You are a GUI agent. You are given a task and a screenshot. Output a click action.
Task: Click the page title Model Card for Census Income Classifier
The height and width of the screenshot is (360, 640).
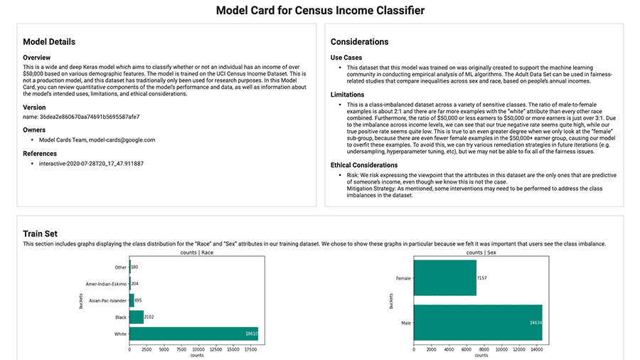(320, 11)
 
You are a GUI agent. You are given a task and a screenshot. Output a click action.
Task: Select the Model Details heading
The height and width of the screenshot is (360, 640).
(49, 42)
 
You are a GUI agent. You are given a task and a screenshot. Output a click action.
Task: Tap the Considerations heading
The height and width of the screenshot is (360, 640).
(359, 42)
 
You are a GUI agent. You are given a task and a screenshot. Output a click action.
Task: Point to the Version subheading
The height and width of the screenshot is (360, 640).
(35, 107)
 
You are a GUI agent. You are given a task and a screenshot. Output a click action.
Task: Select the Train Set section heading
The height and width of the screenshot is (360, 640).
(40, 233)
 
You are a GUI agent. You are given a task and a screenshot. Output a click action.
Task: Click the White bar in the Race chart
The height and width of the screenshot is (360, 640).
(193, 333)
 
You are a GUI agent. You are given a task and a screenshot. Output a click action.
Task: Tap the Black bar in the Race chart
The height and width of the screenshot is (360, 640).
(136, 317)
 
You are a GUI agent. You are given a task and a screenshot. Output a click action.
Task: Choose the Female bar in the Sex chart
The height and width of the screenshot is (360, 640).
(444, 277)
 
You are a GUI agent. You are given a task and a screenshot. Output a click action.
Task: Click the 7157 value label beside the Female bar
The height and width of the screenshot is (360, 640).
(482, 277)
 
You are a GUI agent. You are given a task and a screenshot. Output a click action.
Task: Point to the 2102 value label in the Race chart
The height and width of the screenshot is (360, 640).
(149, 317)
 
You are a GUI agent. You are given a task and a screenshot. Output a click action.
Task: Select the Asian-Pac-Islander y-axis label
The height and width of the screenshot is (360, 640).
(106, 300)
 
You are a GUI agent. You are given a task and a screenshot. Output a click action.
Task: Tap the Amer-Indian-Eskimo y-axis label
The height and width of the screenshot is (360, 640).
(106, 284)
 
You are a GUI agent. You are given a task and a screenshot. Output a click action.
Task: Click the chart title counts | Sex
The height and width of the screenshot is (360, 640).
(481, 253)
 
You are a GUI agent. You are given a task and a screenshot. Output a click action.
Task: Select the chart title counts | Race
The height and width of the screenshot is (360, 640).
(198, 253)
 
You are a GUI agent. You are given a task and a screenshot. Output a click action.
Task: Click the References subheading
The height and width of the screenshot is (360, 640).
(41, 154)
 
